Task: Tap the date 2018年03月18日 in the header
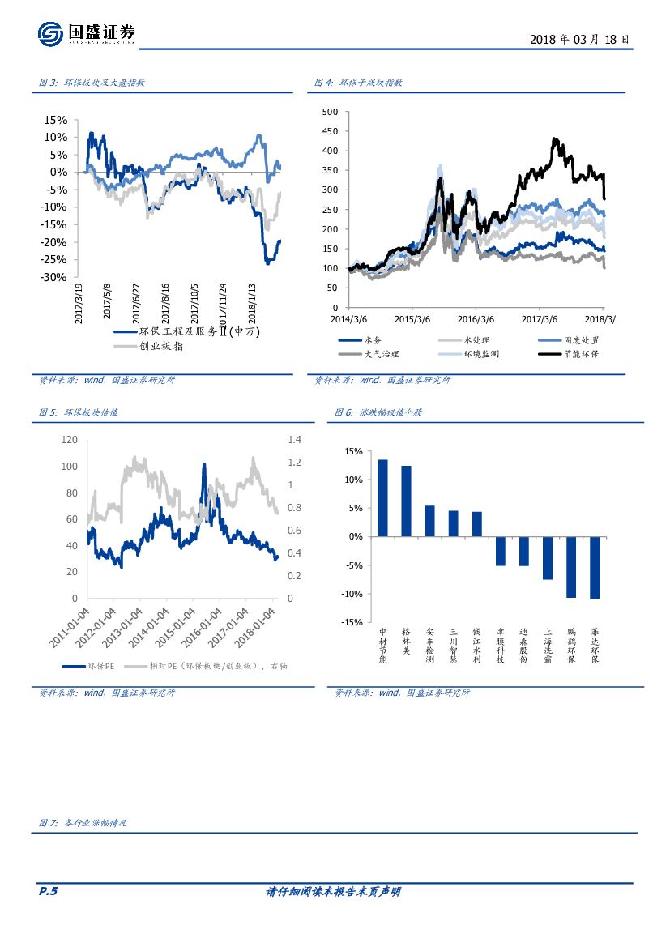(578, 39)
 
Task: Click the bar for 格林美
(406, 501)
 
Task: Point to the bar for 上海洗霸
(548, 557)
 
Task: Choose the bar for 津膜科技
(501, 551)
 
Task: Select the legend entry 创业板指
(161, 346)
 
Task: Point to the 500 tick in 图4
(330, 111)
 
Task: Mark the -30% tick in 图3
(55, 277)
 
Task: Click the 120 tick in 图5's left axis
(69, 439)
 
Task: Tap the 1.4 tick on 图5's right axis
(293, 439)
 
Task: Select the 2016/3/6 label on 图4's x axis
(476, 319)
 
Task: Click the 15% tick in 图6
(352, 451)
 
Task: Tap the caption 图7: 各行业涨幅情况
(83, 823)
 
